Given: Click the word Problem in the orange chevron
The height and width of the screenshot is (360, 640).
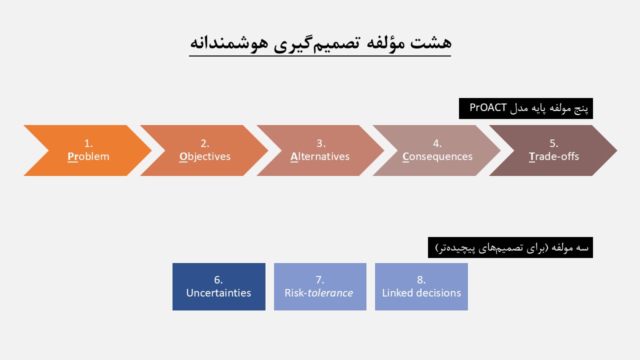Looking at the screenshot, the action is tap(88, 156).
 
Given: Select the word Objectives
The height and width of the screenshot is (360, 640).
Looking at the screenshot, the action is tap(205, 157).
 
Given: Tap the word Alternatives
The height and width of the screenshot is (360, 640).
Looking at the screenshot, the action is tap(320, 156).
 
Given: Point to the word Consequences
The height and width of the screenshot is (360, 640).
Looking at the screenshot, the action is tap(437, 157).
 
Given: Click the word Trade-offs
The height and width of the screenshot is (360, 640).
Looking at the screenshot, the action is tap(553, 156).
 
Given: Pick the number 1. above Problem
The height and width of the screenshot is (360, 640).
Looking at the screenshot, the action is tap(88, 143).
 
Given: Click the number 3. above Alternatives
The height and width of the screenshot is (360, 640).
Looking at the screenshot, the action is tap(321, 143).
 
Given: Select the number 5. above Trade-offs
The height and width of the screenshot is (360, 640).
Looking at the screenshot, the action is tap(553, 143).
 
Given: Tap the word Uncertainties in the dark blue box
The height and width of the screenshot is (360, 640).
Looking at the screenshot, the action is tap(218, 293).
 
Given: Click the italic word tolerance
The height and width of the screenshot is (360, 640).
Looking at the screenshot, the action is tap(330, 293).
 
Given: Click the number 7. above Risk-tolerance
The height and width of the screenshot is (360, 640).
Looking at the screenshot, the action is tap(319, 279).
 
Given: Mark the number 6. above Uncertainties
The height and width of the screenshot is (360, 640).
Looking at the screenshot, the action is tap(218, 279).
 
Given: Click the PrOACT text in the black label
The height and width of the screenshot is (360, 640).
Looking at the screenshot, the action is tap(488, 107).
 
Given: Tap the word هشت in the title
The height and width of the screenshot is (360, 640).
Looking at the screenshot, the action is tap(431, 43).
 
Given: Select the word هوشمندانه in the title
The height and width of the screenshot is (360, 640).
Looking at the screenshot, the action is tap(229, 43).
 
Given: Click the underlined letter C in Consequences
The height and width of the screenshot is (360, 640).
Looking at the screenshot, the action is tap(405, 157).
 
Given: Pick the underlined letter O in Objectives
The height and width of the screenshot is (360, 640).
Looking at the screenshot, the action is tap(183, 157).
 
